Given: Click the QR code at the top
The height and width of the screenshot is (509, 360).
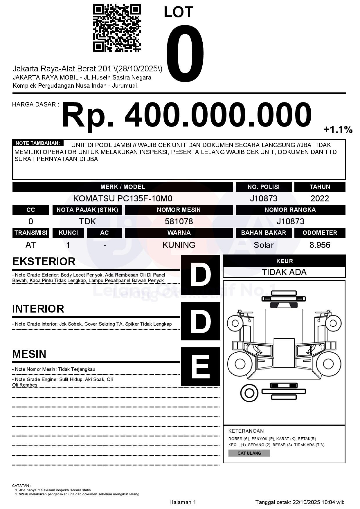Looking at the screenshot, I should pos(117,28).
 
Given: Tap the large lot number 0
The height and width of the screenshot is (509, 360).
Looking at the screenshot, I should pos(185,54).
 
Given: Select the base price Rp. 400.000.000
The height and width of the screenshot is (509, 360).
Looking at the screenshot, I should pos(186,115).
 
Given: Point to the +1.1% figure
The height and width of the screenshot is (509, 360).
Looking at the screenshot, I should pos(338,129).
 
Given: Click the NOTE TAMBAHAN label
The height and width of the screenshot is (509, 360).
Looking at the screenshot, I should pos(38,143).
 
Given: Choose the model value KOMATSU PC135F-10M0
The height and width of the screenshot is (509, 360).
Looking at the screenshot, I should pos(123,198).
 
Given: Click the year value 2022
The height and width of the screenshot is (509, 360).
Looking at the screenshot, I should pos(320,198).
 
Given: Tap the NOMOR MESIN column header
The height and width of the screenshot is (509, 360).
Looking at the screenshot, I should pos(179,210).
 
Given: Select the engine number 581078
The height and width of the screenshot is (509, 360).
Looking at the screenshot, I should pos(179,221).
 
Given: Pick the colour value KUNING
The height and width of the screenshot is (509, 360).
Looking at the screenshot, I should pos(179,245).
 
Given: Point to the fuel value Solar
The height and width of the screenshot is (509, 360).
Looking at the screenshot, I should pos(263,245).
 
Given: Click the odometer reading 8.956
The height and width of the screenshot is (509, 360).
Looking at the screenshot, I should pos(320,245).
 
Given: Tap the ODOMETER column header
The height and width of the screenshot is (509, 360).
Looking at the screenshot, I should pos(320,233).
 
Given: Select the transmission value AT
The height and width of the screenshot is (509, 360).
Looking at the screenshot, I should pos(31,245).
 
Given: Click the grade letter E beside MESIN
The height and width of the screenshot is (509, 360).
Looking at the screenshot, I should pos(200,367).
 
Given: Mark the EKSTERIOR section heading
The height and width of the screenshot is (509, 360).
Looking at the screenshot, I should pos(44,261).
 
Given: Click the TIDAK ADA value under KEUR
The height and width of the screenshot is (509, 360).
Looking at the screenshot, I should pos(284,272).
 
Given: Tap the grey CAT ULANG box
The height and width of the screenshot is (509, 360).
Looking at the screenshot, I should pos(249,453).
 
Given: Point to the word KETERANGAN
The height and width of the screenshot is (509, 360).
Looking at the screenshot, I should pos(246,431).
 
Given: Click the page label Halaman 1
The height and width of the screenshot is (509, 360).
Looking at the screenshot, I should pos(183,502).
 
